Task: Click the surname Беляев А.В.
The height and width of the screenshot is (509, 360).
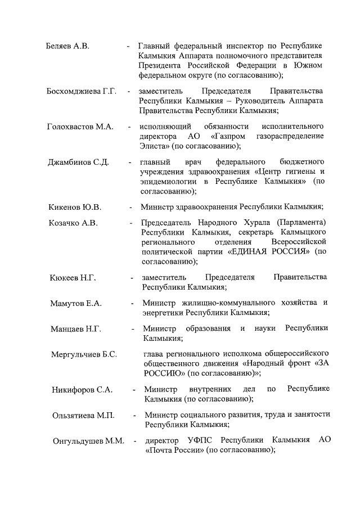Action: pyautogui.click(x=68, y=46)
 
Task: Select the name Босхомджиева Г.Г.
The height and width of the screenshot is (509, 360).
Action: pyautogui.click(x=82, y=91)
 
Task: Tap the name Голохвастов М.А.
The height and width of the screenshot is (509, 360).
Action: pyautogui.click(x=80, y=127)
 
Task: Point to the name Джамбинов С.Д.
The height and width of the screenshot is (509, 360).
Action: pyautogui.click(x=78, y=162)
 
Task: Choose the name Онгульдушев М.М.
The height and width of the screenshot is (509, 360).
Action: pyautogui.click(x=87, y=440)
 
